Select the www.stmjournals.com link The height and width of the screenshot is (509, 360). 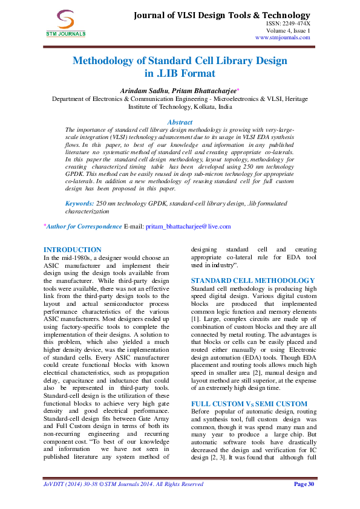(283, 37)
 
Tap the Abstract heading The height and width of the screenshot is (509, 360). (180, 122)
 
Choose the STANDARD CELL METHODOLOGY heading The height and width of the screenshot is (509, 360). (252, 280)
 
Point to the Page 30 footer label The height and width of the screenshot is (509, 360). (304, 484)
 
